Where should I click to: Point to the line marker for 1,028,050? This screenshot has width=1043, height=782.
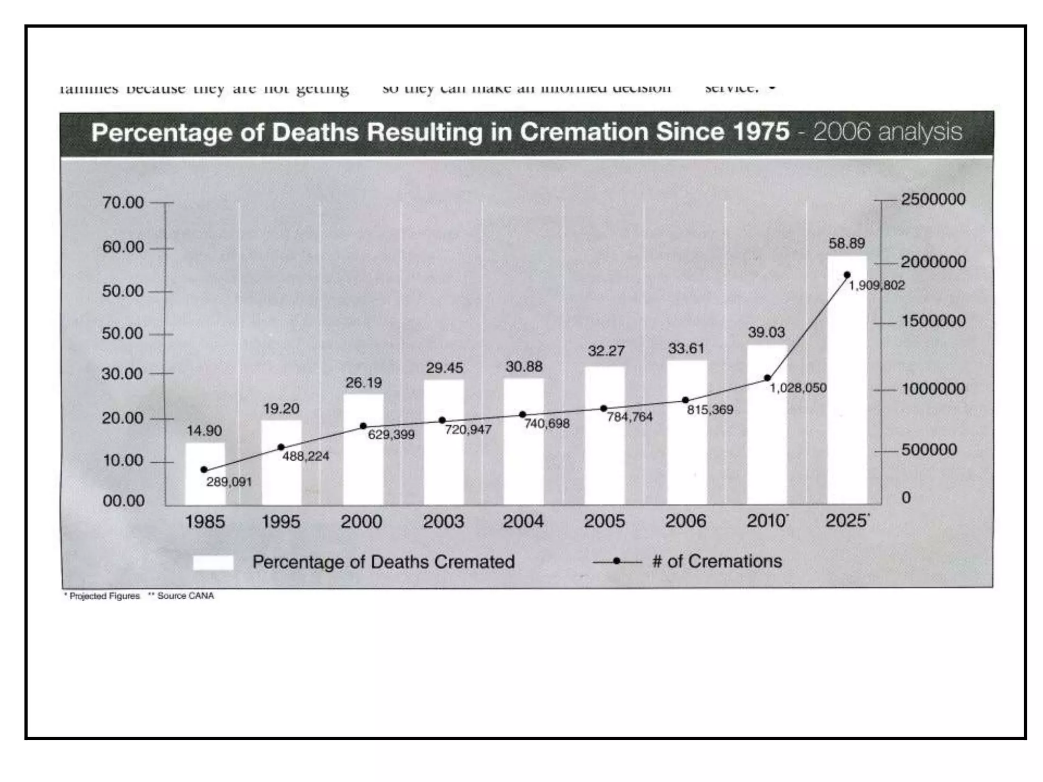click(x=767, y=378)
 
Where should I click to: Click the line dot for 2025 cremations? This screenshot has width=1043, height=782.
click(x=847, y=275)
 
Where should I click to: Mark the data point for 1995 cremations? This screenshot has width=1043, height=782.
click(x=281, y=447)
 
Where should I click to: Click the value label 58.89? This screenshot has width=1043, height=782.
click(x=846, y=243)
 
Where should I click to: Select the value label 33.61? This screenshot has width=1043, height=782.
click(x=686, y=348)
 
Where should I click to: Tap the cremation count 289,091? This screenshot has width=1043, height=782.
click(x=229, y=482)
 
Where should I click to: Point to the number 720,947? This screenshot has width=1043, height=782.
click(x=468, y=430)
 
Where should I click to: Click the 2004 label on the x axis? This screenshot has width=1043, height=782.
click(x=523, y=521)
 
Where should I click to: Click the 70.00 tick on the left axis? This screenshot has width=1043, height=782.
click(x=123, y=203)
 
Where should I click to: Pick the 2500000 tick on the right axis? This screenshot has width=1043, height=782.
click(x=933, y=199)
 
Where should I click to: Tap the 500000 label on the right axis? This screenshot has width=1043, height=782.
click(x=929, y=450)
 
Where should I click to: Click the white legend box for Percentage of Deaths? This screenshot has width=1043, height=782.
click(x=213, y=563)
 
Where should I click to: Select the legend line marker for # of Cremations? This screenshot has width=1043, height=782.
click(x=617, y=562)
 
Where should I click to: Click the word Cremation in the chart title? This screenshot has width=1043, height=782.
click(x=584, y=132)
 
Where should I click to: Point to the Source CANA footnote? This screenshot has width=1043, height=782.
click(x=185, y=596)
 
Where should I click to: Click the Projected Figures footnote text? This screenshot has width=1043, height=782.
click(x=104, y=596)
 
